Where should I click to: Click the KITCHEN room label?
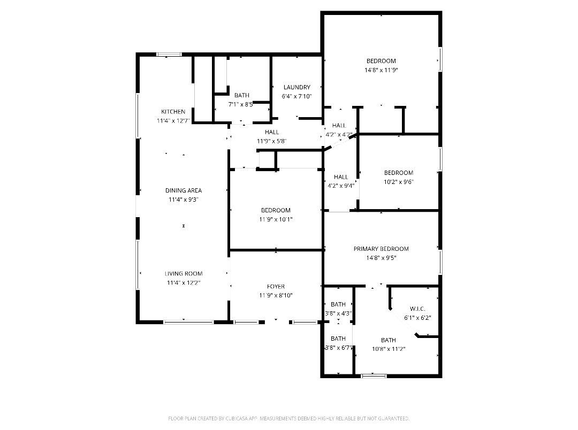173,112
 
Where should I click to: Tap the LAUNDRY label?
296,87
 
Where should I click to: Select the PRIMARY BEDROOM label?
381,249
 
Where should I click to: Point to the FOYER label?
276,286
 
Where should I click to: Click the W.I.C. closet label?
417,309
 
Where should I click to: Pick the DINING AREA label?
184,190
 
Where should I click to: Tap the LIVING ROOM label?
184,273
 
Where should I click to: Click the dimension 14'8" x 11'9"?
381,70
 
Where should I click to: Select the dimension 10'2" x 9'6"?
399,182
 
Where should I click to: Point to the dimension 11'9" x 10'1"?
276,220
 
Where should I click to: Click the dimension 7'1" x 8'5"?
241,104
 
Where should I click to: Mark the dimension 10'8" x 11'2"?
389,349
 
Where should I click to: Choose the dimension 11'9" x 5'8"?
272,141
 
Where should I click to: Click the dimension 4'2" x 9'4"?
341,186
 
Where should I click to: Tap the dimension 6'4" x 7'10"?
296,97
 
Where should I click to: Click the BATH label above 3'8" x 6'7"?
338,339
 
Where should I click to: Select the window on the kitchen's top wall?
169,55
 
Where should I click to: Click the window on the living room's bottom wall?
188,322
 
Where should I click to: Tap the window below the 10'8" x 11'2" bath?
374,376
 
